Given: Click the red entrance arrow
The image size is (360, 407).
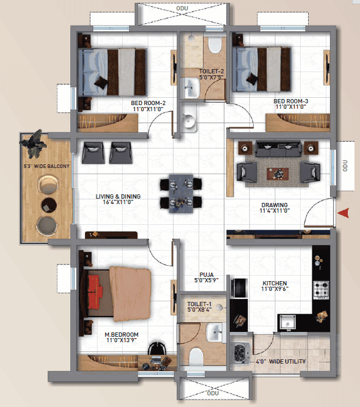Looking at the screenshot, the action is coord(343,213).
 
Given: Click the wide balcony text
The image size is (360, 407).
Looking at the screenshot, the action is coord(46,166).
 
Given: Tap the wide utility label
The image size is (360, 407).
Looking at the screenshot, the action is coord(281,361).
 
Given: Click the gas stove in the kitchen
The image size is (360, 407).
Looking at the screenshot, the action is coord(321,290).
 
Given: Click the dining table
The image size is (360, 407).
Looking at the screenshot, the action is coord(181,194).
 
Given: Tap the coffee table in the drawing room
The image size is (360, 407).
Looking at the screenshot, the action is coord(277,174).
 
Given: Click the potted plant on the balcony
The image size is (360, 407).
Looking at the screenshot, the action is coord(34,144).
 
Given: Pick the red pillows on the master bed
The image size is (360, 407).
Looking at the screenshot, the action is coord(95,292).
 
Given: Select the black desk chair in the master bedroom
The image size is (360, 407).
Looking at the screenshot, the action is coord(156,348).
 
